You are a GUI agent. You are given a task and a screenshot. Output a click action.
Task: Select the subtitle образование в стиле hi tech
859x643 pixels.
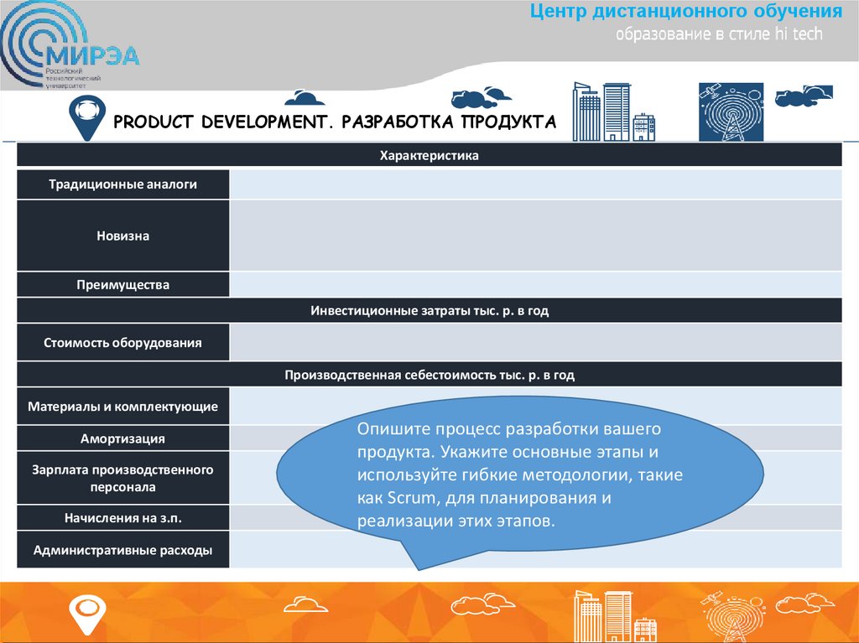(719, 35)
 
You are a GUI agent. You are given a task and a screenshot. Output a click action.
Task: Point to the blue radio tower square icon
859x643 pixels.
(731, 111)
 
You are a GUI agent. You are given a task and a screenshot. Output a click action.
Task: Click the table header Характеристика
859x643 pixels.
(429, 155)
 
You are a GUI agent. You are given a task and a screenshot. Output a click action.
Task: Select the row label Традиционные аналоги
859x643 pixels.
(122, 184)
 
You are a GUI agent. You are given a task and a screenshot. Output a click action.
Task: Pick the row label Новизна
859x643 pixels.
(122, 236)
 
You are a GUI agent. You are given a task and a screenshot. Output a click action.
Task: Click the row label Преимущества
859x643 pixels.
(122, 285)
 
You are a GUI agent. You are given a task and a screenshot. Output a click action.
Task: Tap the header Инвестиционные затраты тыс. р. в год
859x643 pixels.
(429, 310)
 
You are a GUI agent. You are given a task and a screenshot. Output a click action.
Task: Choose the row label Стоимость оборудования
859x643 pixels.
(122, 343)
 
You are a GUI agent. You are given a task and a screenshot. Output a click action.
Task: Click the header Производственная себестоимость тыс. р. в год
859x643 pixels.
(429, 375)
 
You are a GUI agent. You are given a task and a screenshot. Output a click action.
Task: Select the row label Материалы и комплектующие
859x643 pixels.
(122, 407)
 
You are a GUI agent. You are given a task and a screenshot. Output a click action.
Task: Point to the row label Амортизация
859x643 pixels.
(122, 438)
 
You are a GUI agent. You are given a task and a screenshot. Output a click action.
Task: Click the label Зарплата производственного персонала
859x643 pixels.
(122, 478)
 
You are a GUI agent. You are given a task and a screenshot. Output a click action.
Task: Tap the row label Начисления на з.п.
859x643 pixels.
(122, 518)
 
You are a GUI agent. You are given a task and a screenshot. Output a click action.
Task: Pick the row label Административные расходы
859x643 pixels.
(122, 551)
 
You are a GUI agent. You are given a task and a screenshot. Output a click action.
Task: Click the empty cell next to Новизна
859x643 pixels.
(535, 236)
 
